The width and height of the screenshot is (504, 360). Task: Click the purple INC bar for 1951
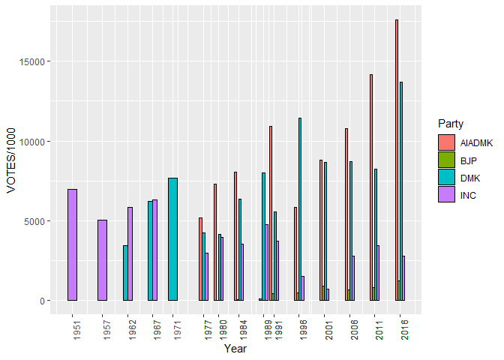click(x=72, y=244)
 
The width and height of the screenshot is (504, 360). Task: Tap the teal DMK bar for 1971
click(x=172, y=238)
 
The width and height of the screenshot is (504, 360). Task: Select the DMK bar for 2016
click(x=401, y=190)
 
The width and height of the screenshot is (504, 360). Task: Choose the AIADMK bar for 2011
click(x=370, y=187)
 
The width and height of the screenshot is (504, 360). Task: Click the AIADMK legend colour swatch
click(x=447, y=142)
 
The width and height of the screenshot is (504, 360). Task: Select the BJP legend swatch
click(x=447, y=160)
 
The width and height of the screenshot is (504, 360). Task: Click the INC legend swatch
click(x=447, y=196)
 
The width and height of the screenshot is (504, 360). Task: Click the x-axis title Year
click(x=235, y=349)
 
